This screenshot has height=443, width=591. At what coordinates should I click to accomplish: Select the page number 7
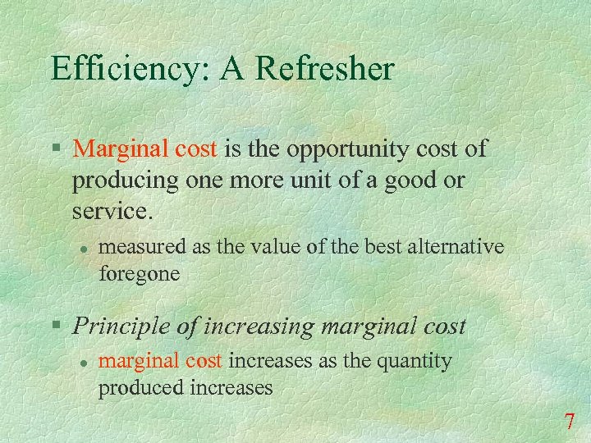point(569,423)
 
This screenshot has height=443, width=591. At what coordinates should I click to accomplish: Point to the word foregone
point(139,273)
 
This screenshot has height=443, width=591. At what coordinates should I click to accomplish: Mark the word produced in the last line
point(135,387)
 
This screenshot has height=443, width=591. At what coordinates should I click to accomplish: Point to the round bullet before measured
point(84,246)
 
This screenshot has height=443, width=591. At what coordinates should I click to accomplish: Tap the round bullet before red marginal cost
point(84,361)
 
